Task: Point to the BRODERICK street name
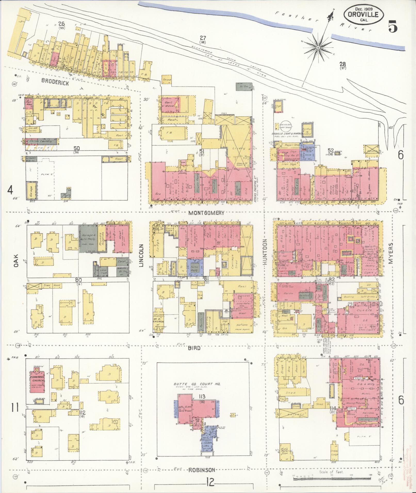click(55, 81)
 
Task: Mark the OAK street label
click(16, 260)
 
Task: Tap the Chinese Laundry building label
click(41, 141)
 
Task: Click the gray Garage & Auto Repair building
click(88, 238)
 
